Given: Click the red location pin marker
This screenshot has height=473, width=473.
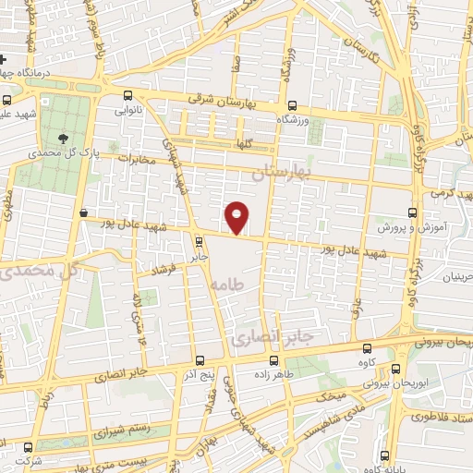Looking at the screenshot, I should [x=237, y=218].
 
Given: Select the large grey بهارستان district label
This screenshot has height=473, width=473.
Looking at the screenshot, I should [x=283, y=173].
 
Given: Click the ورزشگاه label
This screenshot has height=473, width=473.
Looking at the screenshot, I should [x=294, y=120].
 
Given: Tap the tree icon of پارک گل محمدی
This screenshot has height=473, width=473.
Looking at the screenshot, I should [x=62, y=139].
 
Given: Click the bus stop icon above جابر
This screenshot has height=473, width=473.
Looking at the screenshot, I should [x=200, y=242].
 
